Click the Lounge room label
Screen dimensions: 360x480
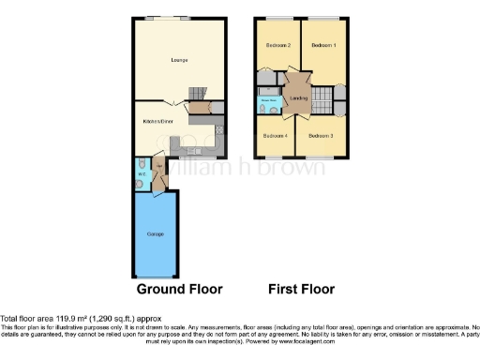click(x=178, y=61)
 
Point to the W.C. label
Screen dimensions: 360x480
click(x=142, y=172)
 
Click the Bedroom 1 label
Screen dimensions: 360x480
click(x=323, y=46)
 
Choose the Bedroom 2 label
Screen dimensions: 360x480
click(x=277, y=46)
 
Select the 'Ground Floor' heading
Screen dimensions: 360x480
click(x=160, y=289)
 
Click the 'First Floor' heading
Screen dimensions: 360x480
click(x=301, y=289)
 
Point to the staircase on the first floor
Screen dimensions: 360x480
click(x=322, y=97)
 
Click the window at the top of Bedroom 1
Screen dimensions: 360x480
click(x=324, y=19)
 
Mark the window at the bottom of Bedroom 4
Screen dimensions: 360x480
click(x=275, y=156)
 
